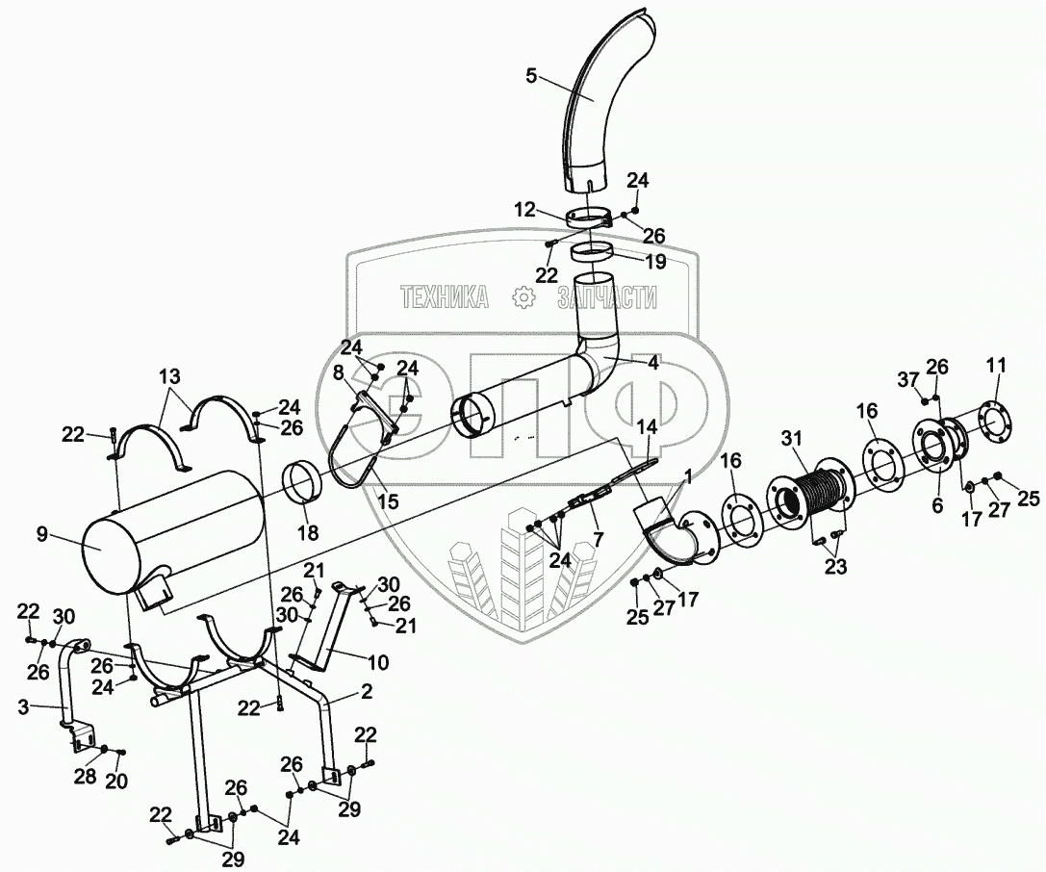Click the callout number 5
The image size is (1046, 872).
click(x=532, y=77)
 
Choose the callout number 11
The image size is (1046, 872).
click(x=996, y=365)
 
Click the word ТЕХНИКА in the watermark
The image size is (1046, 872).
click(x=444, y=298)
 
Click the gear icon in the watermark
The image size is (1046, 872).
click(x=523, y=297)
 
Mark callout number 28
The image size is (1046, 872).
click(x=86, y=776)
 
